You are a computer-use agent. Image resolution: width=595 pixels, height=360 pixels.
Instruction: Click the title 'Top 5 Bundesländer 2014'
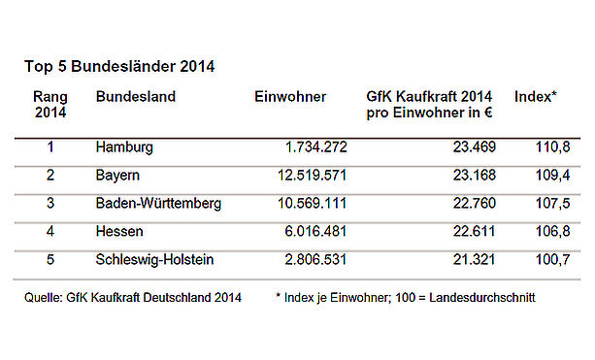point(119,66)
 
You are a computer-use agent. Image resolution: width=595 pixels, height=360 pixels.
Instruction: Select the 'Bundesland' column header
point(136,97)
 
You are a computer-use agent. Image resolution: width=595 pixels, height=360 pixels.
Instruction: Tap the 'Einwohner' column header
point(290,97)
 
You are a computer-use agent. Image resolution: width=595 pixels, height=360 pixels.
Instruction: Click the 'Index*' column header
point(536,97)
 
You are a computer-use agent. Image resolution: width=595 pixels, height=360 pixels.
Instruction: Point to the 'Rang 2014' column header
point(50,105)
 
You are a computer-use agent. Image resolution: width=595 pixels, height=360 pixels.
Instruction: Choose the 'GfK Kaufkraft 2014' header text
point(429,97)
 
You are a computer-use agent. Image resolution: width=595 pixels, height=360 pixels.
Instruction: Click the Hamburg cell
point(124,147)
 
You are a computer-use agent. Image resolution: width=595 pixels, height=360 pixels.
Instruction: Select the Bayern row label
point(117,176)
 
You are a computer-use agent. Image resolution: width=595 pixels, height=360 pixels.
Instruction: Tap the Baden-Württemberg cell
point(158,204)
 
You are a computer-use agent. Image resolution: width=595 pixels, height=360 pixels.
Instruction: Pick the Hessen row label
point(119,231)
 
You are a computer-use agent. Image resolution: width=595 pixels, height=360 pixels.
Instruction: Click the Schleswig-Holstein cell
point(155,260)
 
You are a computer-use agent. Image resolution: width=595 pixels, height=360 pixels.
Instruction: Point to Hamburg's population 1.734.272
point(316,147)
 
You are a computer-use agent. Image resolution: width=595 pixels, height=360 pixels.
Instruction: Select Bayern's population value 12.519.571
point(313,176)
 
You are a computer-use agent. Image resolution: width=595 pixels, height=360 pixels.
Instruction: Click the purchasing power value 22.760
point(475,204)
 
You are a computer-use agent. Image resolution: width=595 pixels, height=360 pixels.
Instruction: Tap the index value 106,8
point(552,231)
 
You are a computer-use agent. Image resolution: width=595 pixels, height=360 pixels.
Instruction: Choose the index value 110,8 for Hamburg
point(552,147)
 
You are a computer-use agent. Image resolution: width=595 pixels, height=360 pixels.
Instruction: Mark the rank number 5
point(50,260)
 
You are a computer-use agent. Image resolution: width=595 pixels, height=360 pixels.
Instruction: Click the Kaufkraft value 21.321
point(475,260)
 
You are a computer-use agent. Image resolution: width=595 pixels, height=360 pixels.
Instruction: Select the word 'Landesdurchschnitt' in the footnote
point(482,297)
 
